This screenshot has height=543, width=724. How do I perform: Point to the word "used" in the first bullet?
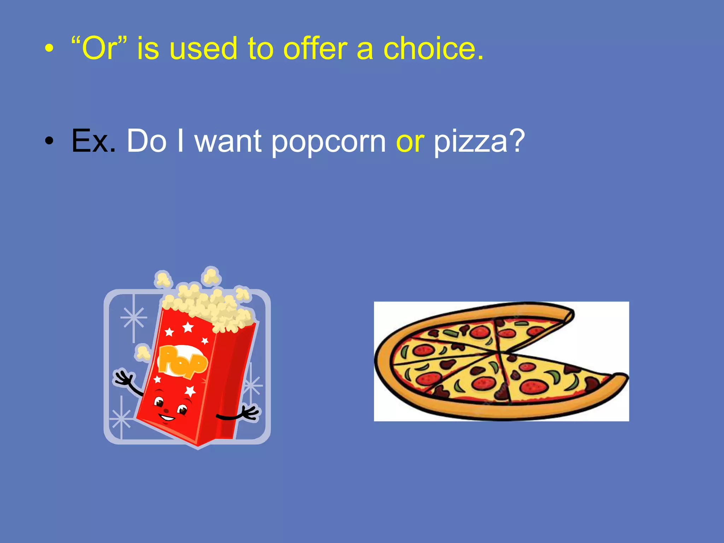pyautogui.click(x=203, y=49)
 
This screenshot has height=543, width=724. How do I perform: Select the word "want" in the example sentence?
pyautogui.click(x=228, y=142)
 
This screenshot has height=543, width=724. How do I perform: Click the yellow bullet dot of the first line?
pyautogui.click(x=49, y=49)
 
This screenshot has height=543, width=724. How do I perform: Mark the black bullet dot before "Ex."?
pyautogui.click(x=49, y=141)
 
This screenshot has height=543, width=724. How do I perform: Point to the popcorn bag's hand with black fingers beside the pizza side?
pyautogui.click(x=249, y=413)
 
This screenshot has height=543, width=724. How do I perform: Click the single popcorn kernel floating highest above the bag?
pyautogui.click(x=211, y=275)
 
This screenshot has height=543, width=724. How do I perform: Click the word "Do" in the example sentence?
pyautogui.click(x=146, y=141)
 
